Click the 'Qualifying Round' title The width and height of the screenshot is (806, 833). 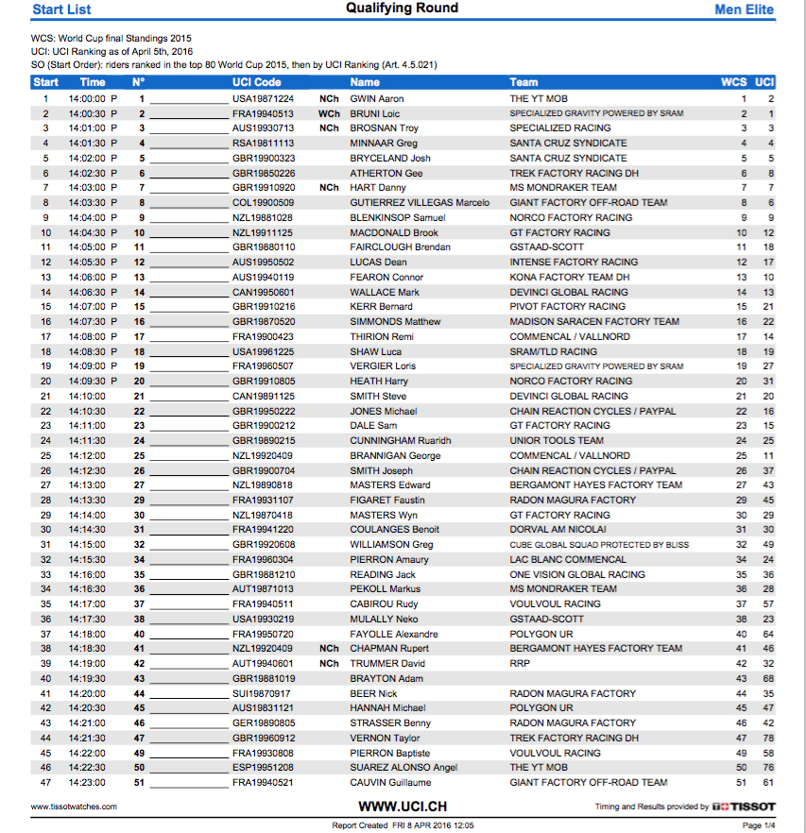402,8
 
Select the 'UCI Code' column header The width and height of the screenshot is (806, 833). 256,82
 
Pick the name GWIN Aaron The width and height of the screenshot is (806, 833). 377,98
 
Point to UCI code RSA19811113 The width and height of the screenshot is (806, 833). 264,144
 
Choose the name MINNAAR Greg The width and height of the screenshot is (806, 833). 384,144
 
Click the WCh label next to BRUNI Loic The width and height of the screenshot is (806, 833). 328,113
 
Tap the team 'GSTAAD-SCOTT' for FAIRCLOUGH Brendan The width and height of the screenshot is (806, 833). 547,247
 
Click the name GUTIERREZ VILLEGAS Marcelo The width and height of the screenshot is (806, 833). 420,203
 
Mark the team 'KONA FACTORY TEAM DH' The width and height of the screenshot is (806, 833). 569,278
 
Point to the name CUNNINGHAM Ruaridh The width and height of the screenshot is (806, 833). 401,441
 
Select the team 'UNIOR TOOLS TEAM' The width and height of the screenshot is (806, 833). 557,441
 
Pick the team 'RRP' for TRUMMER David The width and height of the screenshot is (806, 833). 520,664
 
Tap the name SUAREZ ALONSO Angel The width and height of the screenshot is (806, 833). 403,768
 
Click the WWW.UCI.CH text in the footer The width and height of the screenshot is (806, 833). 403,807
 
